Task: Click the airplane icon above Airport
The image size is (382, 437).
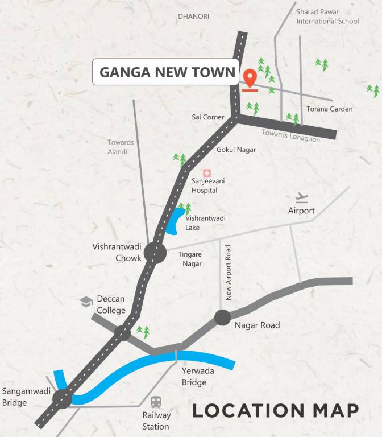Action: (x=301, y=198)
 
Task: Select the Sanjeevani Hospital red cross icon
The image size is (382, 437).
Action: (x=207, y=173)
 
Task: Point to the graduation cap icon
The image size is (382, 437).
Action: (x=86, y=302)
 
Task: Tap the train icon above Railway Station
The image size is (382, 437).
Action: (x=155, y=402)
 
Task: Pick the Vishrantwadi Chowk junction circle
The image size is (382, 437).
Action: (x=155, y=252)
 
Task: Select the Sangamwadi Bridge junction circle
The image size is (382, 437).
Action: (x=62, y=399)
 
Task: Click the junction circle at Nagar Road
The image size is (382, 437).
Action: (x=222, y=317)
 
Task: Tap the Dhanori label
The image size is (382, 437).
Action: (x=193, y=17)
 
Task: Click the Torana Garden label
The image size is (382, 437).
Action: (x=330, y=109)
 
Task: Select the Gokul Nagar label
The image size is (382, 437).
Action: (x=236, y=150)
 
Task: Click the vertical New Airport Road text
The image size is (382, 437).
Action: (x=229, y=273)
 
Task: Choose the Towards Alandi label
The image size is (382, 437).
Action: (x=121, y=147)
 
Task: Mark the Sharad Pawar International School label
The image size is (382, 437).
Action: (x=327, y=16)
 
